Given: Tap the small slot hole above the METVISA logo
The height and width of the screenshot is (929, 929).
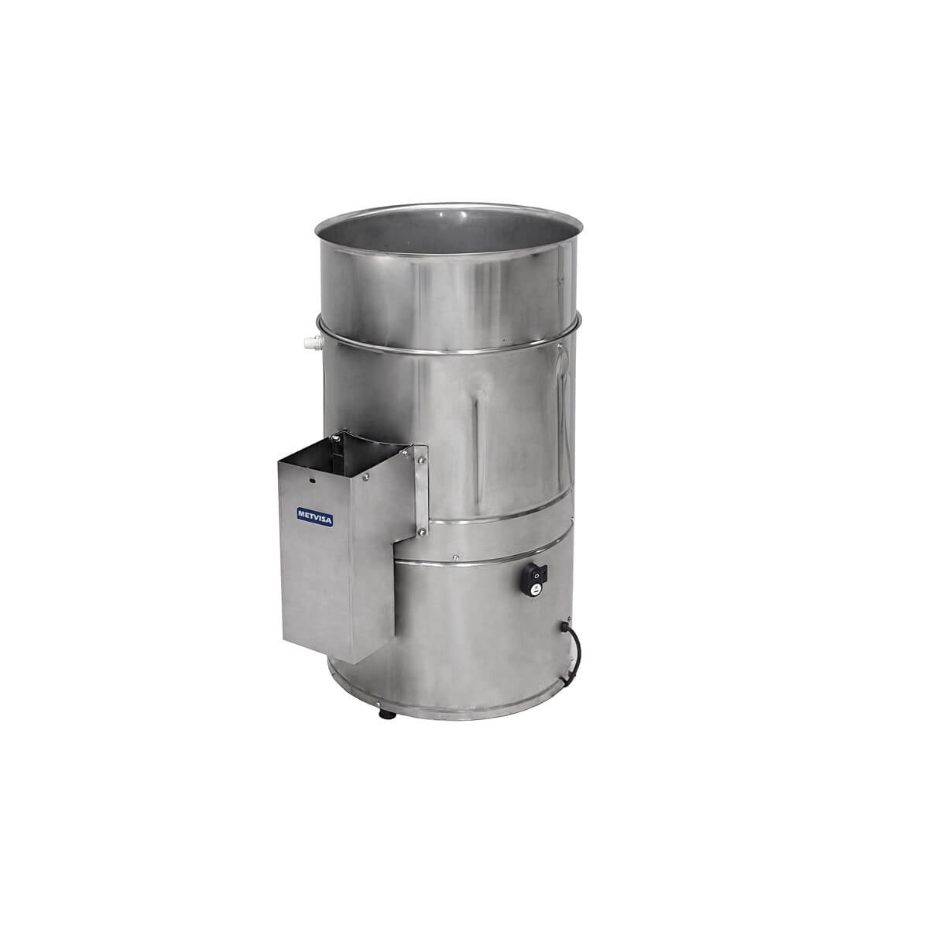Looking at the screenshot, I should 310,481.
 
